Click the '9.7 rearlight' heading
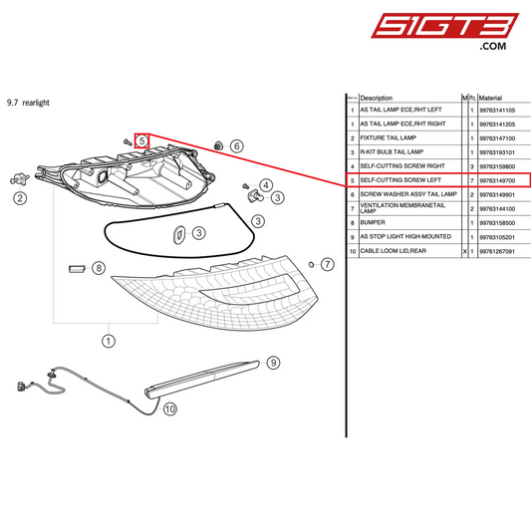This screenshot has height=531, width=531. pyautogui.click(x=28, y=102)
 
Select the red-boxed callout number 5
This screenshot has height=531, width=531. pyautogui.click(x=142, y=141)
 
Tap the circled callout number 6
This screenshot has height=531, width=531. pyautogui.click(x=236, y=146)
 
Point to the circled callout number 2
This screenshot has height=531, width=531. pyautogui.click(x=19, y=198)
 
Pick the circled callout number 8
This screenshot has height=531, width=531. pyautogui.click(x=98, y=267)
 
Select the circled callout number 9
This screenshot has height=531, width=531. pyautogui.click(x=273, y=363)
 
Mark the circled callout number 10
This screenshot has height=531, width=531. pyautogui.click(x=169, y=407)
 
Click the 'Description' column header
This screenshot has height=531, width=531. pyautogui.click(x=377, y=98)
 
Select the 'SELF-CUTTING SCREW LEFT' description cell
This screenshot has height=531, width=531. pyautogui.click(x=399, y=180)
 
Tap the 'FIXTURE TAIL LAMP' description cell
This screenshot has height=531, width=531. pyautogui.click(x=388, y=137)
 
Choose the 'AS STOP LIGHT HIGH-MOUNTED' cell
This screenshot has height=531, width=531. pyautogui.click(x=404, y=237)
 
